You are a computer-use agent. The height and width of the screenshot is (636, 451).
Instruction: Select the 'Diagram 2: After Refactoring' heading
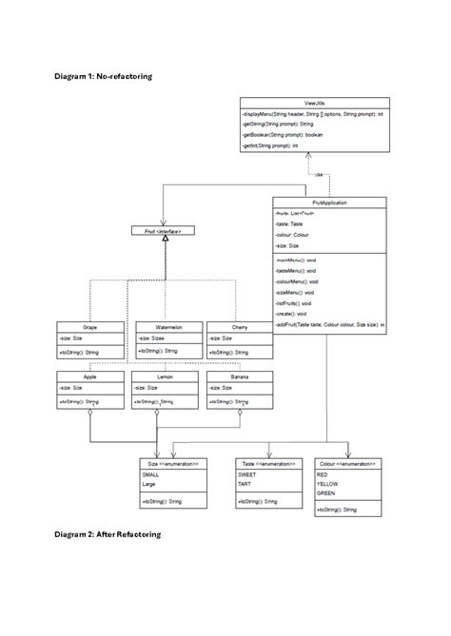tap(108, 535)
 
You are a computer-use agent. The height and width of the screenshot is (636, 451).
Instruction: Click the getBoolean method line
tap(283, 135)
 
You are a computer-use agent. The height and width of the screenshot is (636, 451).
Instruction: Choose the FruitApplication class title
tap(329, 202)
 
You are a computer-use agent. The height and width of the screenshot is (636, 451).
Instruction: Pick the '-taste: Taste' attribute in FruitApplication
tap(289, 223)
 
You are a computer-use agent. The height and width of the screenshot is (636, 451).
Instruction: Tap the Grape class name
tap(89, 326)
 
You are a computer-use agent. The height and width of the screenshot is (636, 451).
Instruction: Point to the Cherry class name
tap(239, 326)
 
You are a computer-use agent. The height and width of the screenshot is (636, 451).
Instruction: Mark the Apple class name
tap(89, 376)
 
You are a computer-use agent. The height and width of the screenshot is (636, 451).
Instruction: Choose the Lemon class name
tap(165, 376)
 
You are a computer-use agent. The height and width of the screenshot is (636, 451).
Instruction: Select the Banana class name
tap(239, 376)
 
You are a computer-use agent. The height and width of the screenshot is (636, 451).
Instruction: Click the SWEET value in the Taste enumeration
tap(247, 473)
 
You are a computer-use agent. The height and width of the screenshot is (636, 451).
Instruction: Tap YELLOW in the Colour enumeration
tap(327, 482)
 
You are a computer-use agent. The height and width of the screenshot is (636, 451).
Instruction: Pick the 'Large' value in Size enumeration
tap(148, 484)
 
